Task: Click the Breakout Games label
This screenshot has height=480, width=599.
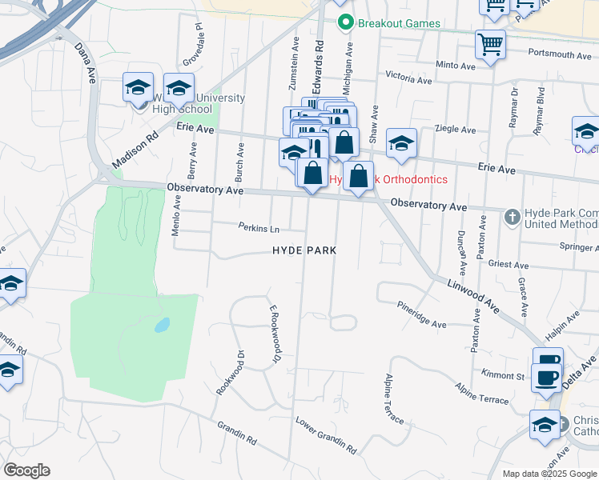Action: [399, 23]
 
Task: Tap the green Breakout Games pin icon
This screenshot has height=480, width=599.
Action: [345, 22]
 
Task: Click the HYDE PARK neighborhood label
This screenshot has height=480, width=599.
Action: [304, 250]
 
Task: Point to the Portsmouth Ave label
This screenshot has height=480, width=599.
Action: [561, 55]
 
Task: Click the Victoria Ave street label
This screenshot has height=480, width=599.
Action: [412, 78]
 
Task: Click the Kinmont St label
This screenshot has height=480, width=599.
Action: [503, 374]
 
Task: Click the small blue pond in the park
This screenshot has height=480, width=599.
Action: [162, 326]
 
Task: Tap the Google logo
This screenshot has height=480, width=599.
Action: [27, 470]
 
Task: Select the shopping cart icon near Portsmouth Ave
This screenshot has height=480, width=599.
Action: [489, 43]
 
